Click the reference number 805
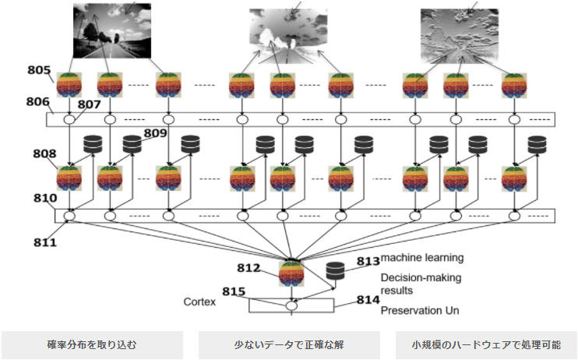click(x=39, y=71)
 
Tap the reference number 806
click(x=37, y=101)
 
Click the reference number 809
click(x=155, y=133)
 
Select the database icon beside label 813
click(x=336, y=270)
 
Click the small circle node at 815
click(x=291, y=306)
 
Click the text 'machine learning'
click(x=422, y=258)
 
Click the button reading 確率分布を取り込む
click(x=91, y=344)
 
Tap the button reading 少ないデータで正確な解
click(x=289, y=344)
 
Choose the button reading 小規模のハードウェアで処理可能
click(x=485, y=344)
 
